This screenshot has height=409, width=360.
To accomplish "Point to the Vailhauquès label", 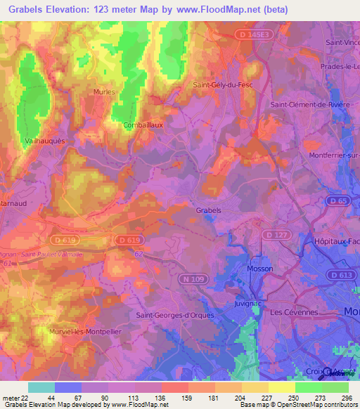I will coord(45,141).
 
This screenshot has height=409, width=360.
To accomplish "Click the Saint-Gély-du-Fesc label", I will coord(222,85).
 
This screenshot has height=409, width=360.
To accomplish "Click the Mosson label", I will coord(260,268).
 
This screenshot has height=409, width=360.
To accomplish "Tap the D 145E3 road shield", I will coord(251,33).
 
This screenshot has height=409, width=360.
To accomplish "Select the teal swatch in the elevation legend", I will coord(41,387).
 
